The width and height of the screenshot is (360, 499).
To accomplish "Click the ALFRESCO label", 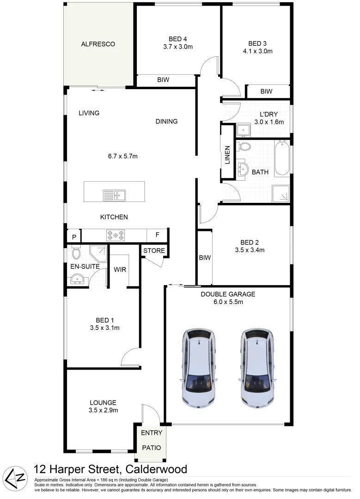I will (98, 44).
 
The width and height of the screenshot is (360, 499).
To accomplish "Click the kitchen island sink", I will (114, 195).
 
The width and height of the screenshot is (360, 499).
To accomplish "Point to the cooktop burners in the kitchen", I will (115, 235).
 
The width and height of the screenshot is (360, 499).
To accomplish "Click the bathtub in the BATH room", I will (282, 158).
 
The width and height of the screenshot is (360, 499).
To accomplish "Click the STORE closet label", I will (154, 251).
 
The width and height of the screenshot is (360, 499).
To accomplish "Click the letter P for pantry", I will (73, 237).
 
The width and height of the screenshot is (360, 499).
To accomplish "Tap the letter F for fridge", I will (157, 235).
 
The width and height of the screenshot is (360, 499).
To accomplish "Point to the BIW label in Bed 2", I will (205, 258).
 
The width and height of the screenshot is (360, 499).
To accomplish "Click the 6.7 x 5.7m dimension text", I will (122, 156).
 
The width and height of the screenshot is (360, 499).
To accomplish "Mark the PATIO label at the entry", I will (151, 448).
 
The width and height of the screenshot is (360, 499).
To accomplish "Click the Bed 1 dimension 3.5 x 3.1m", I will (104, 329).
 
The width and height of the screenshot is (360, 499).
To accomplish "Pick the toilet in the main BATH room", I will (244, 147).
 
